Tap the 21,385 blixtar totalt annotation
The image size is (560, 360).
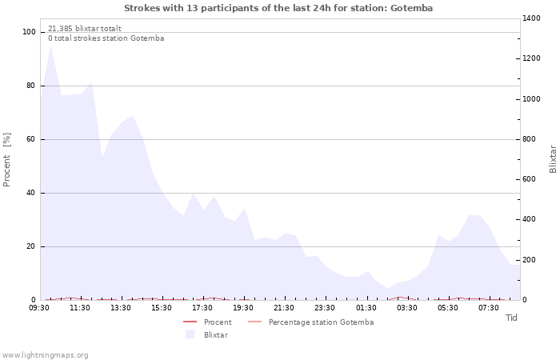[x=85, y=28]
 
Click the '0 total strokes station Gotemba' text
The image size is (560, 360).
[x=106, y=38]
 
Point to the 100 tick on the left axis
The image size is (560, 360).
[x=30, y=32]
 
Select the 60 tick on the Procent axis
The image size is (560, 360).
[x=31, y=139]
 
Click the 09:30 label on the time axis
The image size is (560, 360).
[x=39, y=308]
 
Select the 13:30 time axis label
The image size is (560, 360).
[x=121, y=308]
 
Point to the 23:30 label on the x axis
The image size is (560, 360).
[x=325, y=308]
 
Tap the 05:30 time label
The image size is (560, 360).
[x=447, y=308]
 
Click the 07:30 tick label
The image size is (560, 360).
[x=488, y=308]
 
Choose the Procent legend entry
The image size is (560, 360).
[x=218, y=322]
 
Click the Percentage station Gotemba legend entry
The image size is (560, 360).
[x=321, y=322]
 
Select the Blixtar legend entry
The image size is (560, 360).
[x=215, y=334]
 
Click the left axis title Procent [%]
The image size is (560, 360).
[x=8, y=160]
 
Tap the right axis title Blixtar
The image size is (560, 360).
[x=553, y=159]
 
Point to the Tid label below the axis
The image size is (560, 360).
[x=512, y=318]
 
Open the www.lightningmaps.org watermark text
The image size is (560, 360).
[x=46, y=354]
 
